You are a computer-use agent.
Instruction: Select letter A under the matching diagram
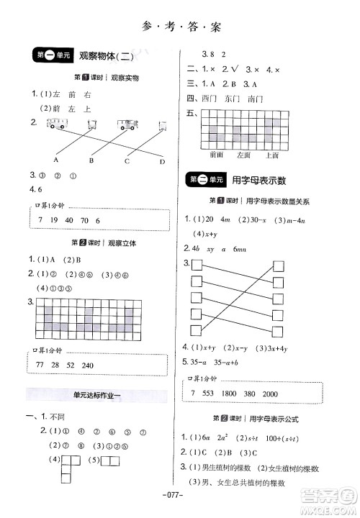click(56, 160)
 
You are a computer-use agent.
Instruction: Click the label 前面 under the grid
click(217, 155)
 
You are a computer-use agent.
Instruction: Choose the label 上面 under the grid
click(271, 155)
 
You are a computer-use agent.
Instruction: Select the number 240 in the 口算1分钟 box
click(88, 365)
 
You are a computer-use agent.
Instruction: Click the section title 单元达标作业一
click(92, 394)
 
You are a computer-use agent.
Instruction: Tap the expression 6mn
click(261, 248)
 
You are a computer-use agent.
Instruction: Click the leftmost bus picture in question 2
click(55, 124)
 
